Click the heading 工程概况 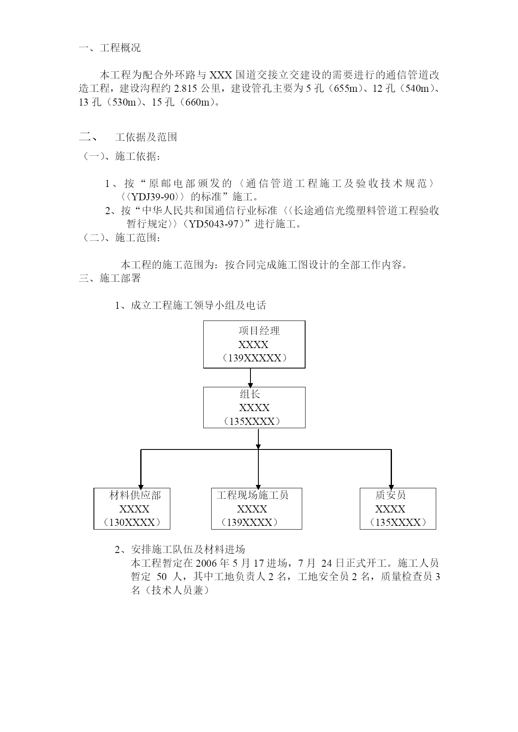click(x=120, y=48)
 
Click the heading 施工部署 click(x=120, y=278)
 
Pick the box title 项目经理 click(x=259, y=331)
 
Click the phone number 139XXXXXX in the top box click(x=254, y=358)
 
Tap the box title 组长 click(x=250, y=394)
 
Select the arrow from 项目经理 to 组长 click(x=250, y=378)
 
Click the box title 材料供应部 click(x=135, y=495)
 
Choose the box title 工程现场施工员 click(x=253, y=495)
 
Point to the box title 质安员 click(x=390, y=495)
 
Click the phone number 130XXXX click(x=132, y=522)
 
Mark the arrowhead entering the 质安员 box click(x=391, y=486)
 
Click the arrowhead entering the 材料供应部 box click(x=141, y=486)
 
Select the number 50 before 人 click(x=162, y=577)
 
